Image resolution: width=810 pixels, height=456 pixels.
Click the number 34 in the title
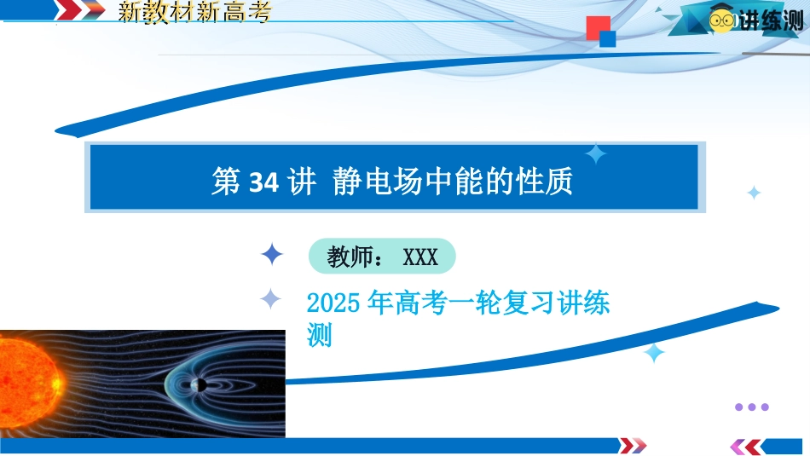(x=263, y=182)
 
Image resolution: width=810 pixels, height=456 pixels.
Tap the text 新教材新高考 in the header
(x=194, y=12)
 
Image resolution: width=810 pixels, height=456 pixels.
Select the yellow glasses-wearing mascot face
(x=722, y=20)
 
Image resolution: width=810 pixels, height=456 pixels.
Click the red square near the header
(x=599, y=28)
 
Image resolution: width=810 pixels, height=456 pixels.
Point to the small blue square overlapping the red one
(x=607, y=38)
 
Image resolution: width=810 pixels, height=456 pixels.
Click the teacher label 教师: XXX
(x=382, y=257)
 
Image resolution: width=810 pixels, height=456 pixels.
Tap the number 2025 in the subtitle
(x=333, y=303)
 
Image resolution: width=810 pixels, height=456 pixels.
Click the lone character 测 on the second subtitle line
(x=319, y=335)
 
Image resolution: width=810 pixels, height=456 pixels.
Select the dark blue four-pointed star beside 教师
(x=272, y=254)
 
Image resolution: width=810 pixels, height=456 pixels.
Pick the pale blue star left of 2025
(x=270, y=298)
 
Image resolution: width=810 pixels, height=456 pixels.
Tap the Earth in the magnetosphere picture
(x=199, y=384)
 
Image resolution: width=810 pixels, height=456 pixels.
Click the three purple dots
(x=752, y=407)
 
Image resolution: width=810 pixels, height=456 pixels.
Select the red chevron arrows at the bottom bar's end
(x=633, y=446)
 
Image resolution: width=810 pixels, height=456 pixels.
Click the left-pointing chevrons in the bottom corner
(x=746, y=447)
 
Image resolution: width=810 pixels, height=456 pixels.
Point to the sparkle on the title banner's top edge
(x=596, y=154)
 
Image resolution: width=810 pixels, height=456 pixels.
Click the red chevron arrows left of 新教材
(x=80, y=10)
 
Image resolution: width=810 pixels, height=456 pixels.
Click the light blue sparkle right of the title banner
(x=754, y=193)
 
